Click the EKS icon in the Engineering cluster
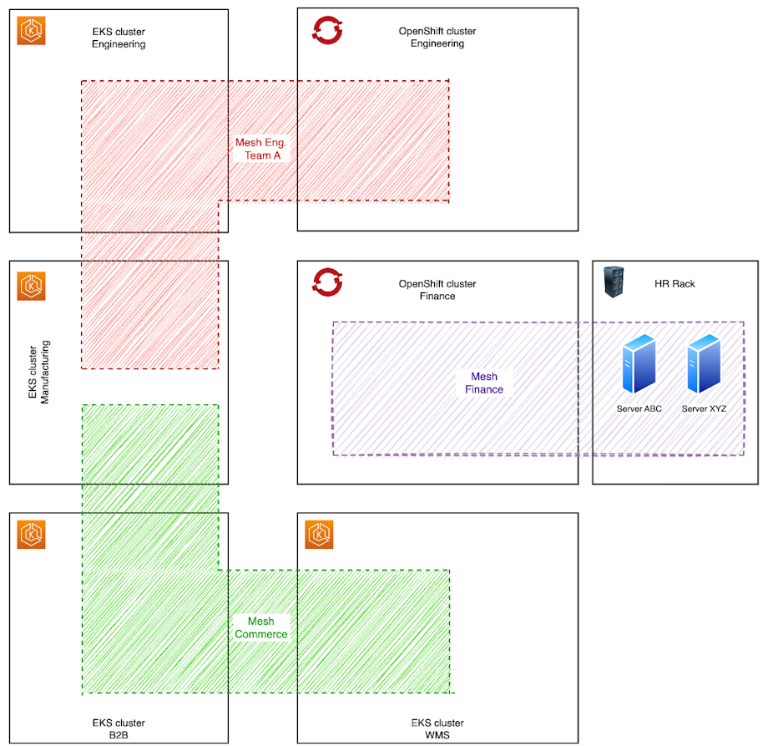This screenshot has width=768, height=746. [31, 31]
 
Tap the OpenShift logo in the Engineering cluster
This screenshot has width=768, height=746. [326, 30]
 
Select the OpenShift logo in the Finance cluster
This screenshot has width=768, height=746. [326, 282]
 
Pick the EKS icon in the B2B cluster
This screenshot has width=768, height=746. [31, 535]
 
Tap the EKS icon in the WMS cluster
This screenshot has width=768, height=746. [319, 535]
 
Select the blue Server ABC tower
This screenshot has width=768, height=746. [639, 364]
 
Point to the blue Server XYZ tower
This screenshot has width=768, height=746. [704, 364]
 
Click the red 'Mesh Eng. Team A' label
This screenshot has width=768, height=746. [260, 149]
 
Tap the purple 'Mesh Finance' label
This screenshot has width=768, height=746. [484, 383]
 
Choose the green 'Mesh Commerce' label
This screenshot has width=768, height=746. [260, 627]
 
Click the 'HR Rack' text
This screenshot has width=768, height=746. [675, 284]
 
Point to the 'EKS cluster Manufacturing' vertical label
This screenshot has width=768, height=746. [39, 372]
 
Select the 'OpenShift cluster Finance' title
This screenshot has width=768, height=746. [437, 290]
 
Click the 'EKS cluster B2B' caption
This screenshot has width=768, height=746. [119, 728]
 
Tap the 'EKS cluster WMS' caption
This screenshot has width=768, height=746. [437, 728]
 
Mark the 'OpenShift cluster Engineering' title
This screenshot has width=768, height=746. [437, 38]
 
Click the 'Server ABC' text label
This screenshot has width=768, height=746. [639, 409]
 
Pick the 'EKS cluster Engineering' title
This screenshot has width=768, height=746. [119, 38]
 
